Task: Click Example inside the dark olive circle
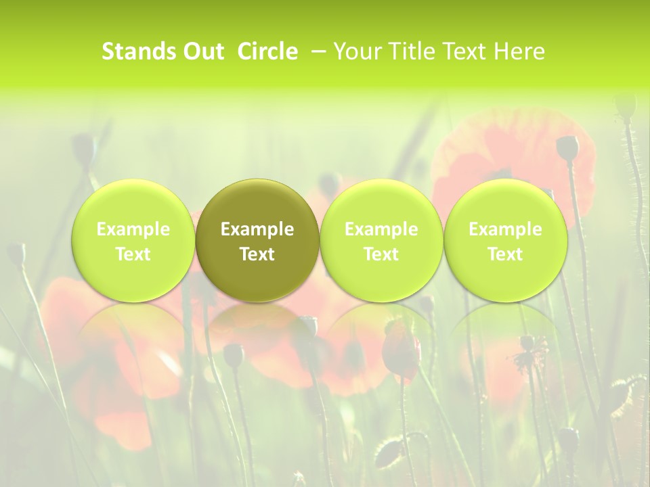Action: point(257,229)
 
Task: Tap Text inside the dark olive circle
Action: point(257,254)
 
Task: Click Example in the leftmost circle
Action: point(133,229)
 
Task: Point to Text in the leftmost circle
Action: point(133,254)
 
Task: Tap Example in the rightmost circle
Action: point(506,229)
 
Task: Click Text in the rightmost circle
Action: point(506,254)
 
